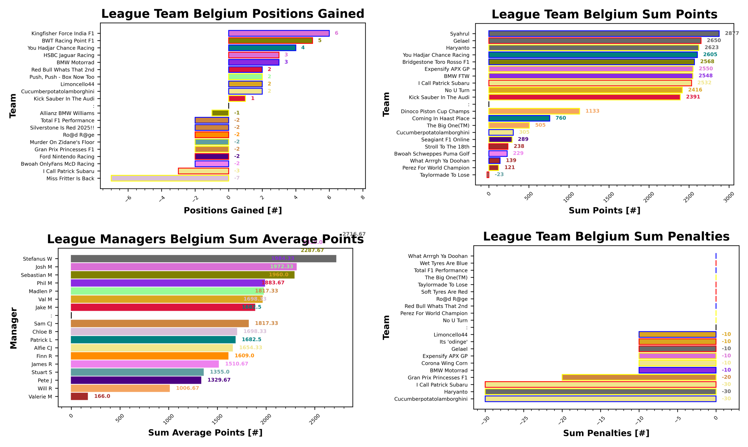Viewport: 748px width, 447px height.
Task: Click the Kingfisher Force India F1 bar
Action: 279,33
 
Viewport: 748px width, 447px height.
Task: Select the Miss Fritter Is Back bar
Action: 170,178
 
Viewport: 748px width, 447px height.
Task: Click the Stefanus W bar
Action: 203,259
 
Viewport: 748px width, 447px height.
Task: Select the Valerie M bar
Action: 79,396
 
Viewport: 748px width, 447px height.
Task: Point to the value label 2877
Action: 731,33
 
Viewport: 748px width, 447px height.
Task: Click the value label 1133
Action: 592,111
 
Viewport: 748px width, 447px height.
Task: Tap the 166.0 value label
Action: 102,396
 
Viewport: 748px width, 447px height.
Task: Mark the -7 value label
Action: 237,178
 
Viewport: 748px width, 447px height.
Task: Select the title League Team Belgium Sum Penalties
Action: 606,237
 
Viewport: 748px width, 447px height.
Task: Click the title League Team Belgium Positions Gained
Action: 233,14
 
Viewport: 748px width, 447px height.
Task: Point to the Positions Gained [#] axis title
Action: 233,210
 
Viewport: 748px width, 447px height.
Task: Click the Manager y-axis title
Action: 13,328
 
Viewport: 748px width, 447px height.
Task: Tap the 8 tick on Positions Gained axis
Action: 363,198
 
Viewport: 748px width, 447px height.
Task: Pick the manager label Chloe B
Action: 42,332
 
